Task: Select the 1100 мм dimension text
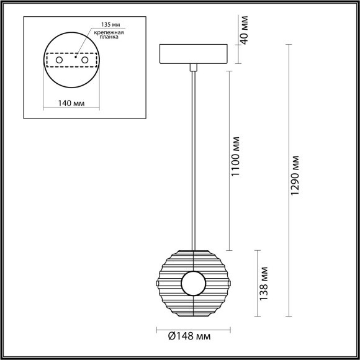tap(235, 158)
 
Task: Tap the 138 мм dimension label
tap(265, 285)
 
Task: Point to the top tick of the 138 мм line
tap(258, 250)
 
